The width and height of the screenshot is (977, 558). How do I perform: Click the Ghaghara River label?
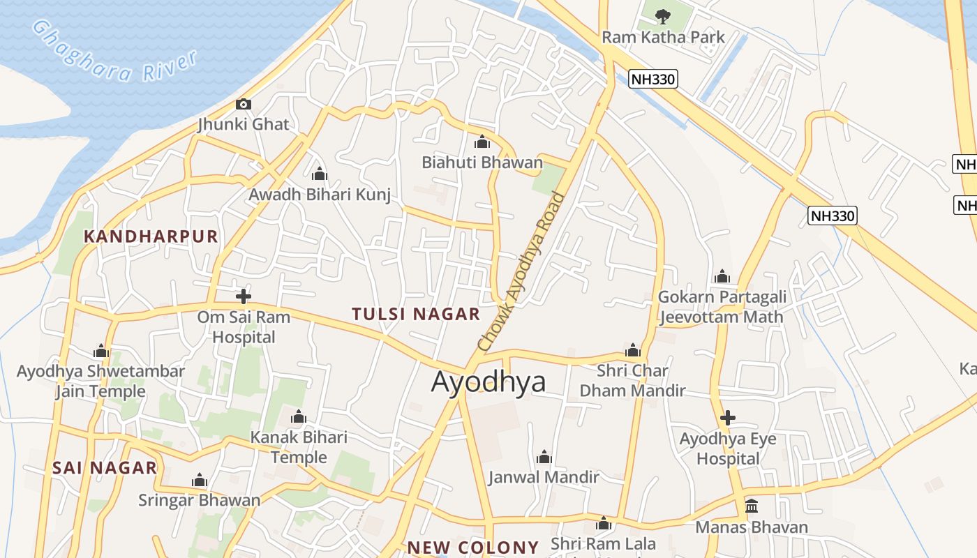(115, 52)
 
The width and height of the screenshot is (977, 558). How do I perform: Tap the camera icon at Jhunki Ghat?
(243, 105)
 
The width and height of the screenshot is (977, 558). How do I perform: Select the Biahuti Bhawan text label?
(482, 163)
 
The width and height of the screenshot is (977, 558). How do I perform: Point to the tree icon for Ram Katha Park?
(662, 16)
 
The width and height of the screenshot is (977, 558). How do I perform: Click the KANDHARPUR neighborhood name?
(151, 236)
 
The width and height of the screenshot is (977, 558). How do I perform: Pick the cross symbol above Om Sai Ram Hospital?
(243, 296)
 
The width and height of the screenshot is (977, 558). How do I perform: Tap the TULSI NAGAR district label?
(416, 314)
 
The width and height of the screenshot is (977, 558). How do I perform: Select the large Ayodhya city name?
(488, 382)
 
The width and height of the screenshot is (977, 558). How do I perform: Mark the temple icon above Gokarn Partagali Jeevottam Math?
(722, 277)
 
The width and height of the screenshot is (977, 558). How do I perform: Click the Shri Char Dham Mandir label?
(632, 380)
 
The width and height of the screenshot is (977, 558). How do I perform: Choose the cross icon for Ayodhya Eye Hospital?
(727, 418)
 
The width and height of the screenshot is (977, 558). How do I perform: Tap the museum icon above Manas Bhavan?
(752, 506)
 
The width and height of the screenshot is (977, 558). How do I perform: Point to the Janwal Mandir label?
(544, 477)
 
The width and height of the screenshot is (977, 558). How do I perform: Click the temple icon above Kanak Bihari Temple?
(299, 417)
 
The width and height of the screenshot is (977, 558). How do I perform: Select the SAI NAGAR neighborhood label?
(105, 468)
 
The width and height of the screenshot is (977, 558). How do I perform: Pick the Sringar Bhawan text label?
(199, 500)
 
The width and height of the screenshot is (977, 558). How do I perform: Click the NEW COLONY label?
(473, 548)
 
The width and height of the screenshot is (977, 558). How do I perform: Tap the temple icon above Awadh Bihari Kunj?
(320, 174)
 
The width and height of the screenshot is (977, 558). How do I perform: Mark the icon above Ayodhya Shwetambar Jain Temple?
(101, 350)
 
